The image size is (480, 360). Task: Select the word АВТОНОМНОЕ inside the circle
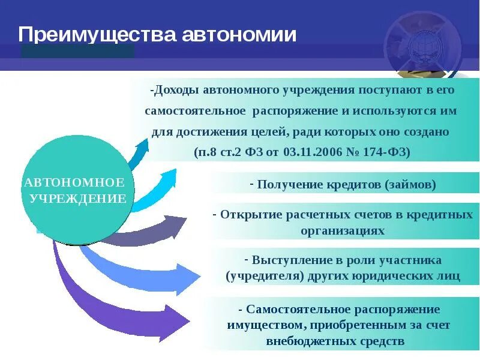pos(74,182)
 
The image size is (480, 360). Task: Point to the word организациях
pos(343,230)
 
